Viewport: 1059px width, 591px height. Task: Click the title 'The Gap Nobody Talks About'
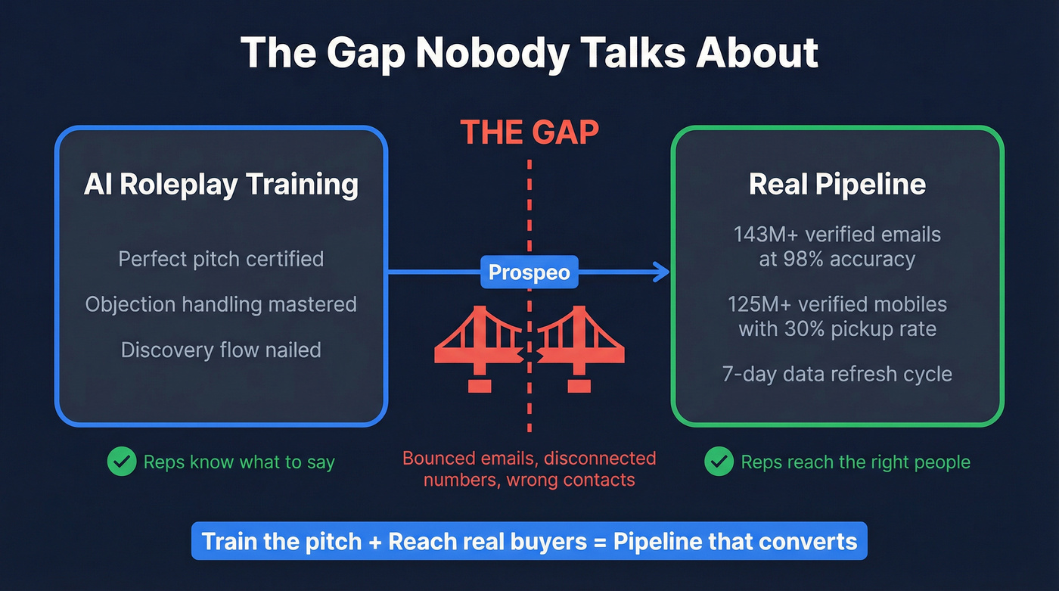coord(529,53)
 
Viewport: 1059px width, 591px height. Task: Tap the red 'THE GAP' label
coord(529,132)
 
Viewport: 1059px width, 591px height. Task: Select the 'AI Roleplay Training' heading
coord(221,185)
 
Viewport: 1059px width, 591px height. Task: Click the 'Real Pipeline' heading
coord(837,185)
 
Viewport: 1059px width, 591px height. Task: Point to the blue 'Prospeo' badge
coord(529,272)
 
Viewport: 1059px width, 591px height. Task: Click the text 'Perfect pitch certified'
coord(221,259)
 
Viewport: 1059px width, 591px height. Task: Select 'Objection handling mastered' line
coord(221,304)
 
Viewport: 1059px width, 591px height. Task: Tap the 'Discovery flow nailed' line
coord(221,350)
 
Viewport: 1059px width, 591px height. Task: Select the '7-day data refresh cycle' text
coord(837,374)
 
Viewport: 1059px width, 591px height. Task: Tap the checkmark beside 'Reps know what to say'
coord(121,462)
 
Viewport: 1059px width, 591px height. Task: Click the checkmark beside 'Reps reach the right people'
coord(719,462)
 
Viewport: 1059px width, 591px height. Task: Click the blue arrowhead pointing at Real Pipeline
coord(663,272)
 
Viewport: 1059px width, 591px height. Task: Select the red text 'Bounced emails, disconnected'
coord(529,458)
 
